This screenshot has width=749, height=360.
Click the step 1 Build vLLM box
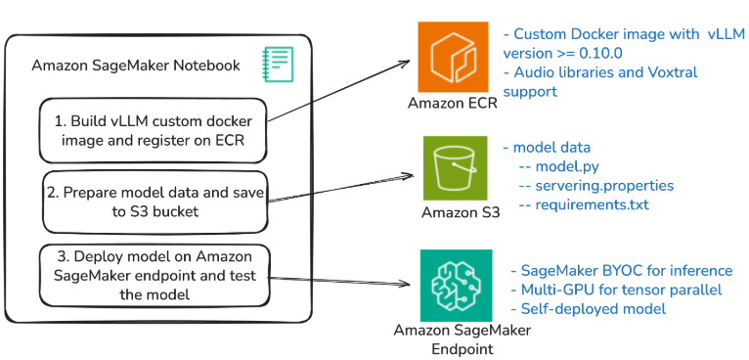click(x=153, y=130)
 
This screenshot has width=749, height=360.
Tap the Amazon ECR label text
click(x=452, y=104)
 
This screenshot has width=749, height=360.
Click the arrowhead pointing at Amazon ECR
click(x=404, y=64)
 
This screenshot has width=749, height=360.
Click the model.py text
click(x=560, y=166)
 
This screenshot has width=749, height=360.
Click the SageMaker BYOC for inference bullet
click(x=621, y=270)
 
